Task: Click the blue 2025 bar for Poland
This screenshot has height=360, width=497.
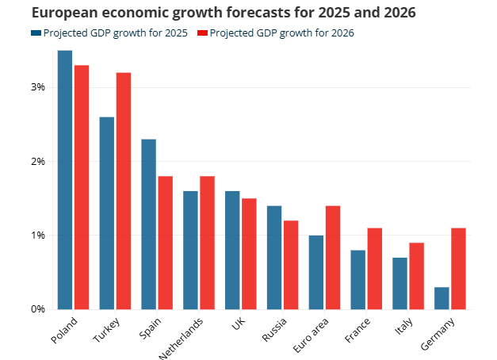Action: coord(65,179)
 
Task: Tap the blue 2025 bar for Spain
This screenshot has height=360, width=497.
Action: coord(148,224)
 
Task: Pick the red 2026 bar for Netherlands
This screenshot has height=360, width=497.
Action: coord(208,242)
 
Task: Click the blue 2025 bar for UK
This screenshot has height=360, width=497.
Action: coord(232,250)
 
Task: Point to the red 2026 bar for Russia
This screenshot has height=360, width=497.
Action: coord(291,264)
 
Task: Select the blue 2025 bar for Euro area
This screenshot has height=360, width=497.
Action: coord(316,272)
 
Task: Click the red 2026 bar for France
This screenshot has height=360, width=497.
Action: coord(375,268)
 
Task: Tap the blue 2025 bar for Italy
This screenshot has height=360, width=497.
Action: coord(400,283)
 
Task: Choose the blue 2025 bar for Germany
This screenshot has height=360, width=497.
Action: coord(442,297)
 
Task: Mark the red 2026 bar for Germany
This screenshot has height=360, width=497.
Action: coord(459,268)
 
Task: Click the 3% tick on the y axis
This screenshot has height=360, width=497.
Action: coord(38,87)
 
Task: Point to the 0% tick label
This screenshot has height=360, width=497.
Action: coord(38,309)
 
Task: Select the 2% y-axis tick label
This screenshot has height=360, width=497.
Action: coord(38,162)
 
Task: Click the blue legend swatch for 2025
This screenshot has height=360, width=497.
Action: coord(36,33)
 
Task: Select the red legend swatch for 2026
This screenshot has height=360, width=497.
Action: coord(201,33)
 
